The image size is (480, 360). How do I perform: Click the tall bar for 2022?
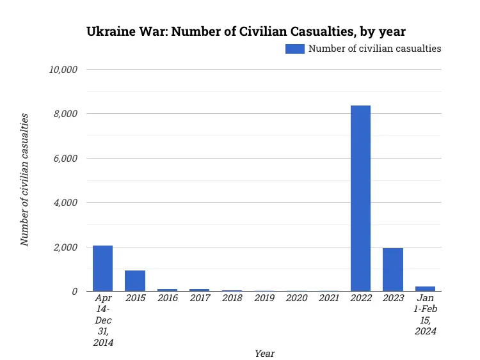click(360, 198)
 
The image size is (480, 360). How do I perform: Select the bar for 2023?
click(393, 270)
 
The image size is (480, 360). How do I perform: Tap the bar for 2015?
click(135, 281)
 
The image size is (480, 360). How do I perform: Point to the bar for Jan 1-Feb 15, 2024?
click(425, 288)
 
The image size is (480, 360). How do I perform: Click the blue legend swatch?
click(295, 49)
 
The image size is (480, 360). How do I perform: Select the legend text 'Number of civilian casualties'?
click(374, 49)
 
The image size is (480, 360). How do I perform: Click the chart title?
click(246, 31)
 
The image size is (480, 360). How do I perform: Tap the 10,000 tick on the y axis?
click(63, 69)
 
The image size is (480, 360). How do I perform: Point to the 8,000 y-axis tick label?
click(66, 114)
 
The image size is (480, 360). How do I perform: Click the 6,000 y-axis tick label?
click(66, 158)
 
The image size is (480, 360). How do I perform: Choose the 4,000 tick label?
click(66, 203)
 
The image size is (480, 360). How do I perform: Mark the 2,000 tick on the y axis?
click(66, 247)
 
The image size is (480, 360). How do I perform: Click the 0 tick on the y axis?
click(75, 292)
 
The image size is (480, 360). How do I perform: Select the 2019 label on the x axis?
click(264, 298)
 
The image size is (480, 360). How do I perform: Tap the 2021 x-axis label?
click(328, 298)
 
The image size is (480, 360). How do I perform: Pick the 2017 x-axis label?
click(199, 298)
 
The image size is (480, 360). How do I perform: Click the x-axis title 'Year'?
click(264, 353)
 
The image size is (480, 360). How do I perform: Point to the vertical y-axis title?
click(24, 180)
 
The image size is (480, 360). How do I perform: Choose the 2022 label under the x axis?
click(360, 298)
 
